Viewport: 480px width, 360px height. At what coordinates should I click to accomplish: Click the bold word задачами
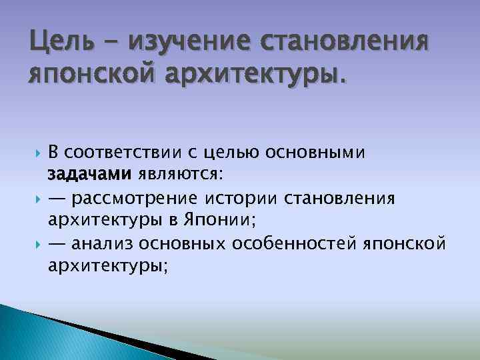tap(90, 175)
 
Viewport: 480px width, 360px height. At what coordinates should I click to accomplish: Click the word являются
tap(181, 175)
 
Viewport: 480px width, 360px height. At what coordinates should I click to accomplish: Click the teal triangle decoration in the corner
tap(40, 337)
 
